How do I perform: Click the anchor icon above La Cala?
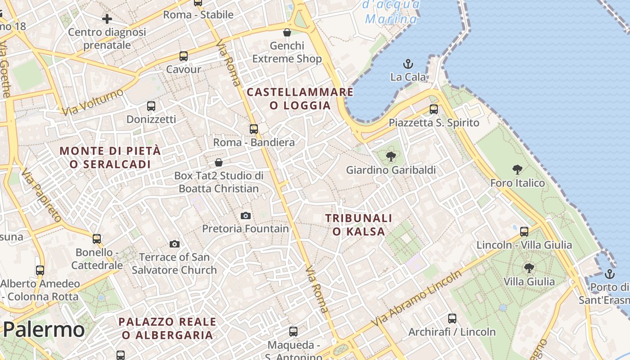(x=408, y=63)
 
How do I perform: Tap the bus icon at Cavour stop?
(x=184, y=56)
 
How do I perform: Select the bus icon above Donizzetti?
(x=151, y=106)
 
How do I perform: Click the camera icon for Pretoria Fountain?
(x=245, y=216)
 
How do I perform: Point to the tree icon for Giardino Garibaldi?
(x=391, y=157)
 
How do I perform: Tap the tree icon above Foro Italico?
(x=517, y=170)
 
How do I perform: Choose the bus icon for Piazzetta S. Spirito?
(x=434, y=109)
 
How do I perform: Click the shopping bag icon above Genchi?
(x=287, y=32)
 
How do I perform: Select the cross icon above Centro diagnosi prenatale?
(x=107, y=19)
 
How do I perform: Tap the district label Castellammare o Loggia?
(x=300, y=99)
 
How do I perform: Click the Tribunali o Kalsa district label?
(x=359, y=225)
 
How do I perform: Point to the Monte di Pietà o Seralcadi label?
(x=110, y=157)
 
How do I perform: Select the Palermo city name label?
(x=44, y=330)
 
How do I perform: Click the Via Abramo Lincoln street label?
(x=416, y=299)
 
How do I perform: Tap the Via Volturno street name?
(x=93, y=102)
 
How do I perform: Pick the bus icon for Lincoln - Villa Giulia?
(x=524, y=231)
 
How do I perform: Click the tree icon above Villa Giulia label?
(x=529, y=268)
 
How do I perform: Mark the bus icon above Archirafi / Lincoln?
(x=452, y=319)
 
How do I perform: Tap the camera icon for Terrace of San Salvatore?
(x=175, y=244)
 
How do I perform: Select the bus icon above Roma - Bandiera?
(x=254, y=129)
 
